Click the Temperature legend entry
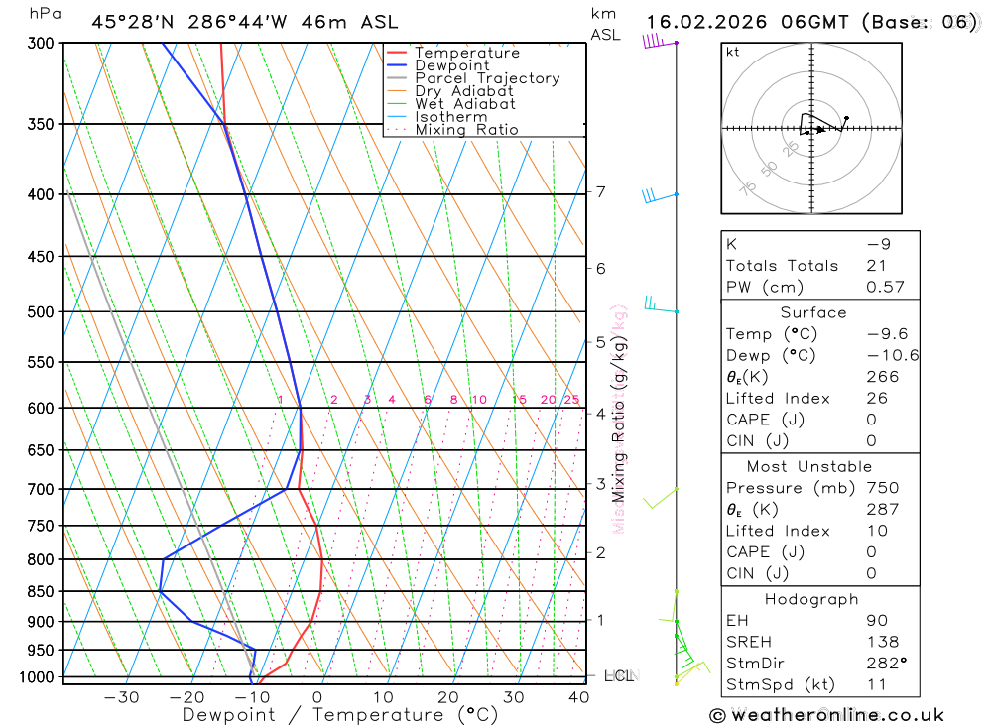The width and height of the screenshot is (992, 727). pos(466,53)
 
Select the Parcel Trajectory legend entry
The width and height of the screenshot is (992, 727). pos(486,78)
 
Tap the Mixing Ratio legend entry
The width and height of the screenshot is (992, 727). pos(466,130)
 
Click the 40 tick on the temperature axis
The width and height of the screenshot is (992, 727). pos(578,697)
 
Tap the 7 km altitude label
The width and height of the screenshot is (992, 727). pos(600,191)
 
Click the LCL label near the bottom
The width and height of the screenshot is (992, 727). pos(618,676)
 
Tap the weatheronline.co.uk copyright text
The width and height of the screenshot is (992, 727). pos(827,714)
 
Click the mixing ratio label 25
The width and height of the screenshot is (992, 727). pos(571,400)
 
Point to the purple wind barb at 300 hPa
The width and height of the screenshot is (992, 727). pos(655,41)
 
